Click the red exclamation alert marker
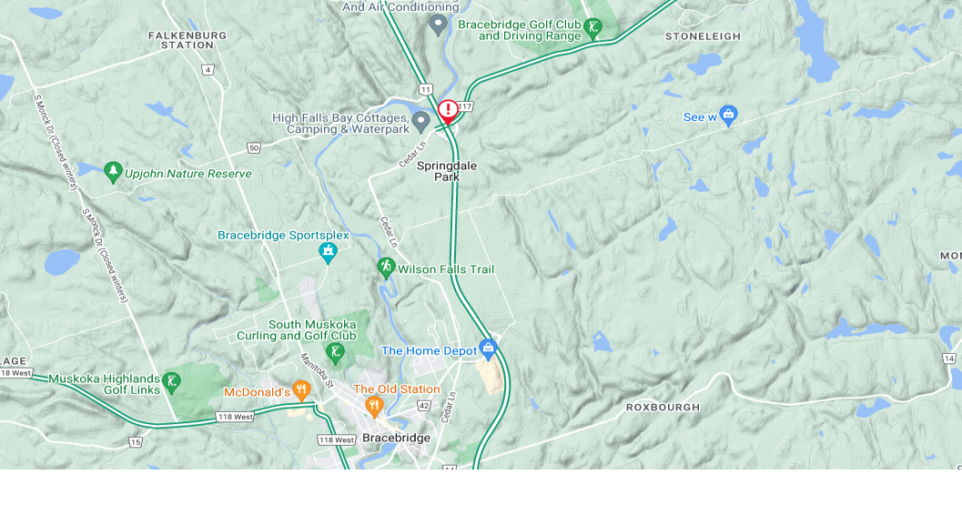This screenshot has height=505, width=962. point(447,110)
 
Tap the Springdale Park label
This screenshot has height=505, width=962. point(447,171)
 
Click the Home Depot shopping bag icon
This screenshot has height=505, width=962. point(489,348)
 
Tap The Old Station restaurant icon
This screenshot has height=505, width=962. point(373,405)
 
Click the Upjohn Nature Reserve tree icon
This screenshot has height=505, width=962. point(113,170)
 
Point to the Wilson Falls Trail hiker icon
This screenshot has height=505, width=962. point(386,268)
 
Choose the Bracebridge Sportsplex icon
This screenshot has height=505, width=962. point(328,252)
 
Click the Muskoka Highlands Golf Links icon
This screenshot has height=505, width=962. point(171,383)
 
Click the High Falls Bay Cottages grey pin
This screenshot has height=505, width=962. point(420,121)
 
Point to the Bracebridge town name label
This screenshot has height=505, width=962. point(396,438)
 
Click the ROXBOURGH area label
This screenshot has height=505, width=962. point(663,408)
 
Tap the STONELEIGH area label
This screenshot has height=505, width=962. point(703,36)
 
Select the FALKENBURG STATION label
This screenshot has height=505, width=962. point(187,39)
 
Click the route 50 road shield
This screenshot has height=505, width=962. point(254,147)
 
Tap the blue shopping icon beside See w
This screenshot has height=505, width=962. point(727,116)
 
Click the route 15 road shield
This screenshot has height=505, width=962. point(136,442)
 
